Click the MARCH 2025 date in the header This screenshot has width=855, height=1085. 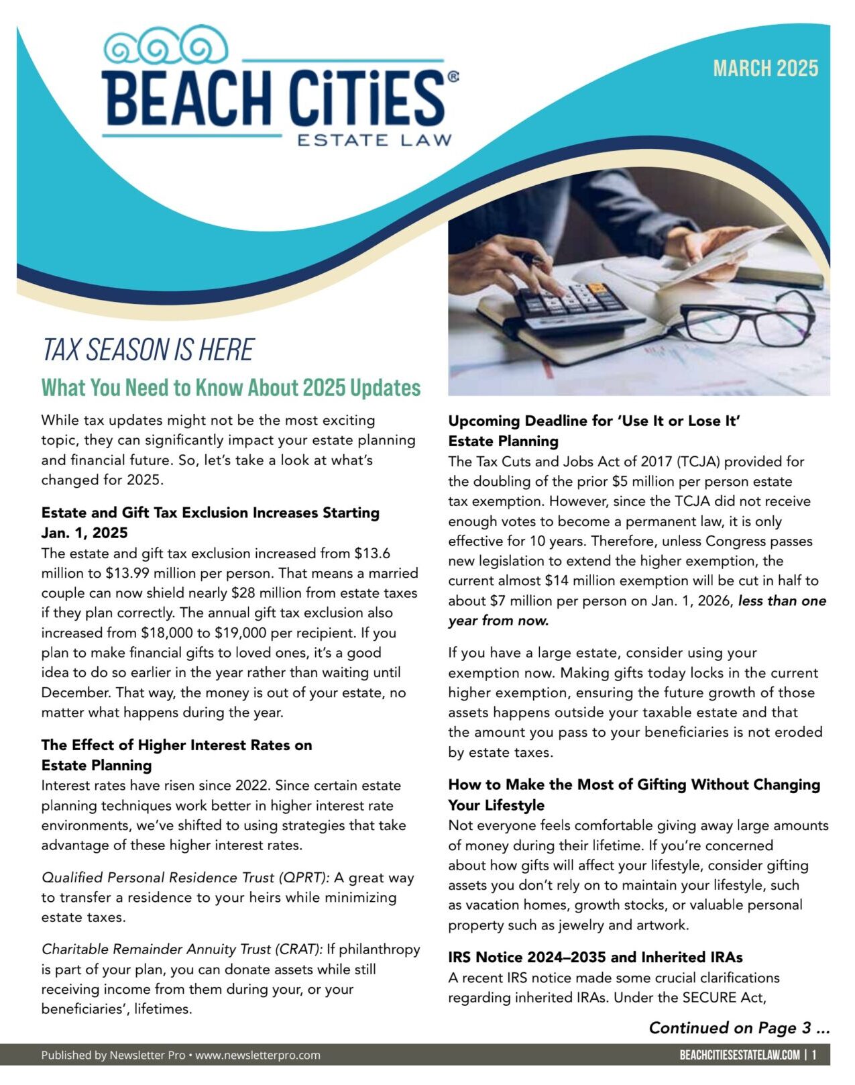point(765,68)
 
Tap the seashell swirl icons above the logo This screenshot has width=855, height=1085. point(166,46)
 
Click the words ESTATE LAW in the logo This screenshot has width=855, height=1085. point(374,140)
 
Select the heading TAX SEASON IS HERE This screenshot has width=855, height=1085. point(148,350)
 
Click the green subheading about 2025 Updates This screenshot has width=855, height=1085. point(231,388)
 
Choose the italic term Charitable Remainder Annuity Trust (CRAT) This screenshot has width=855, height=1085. point(182,949)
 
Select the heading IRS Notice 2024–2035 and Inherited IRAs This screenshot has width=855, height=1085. point(595,958)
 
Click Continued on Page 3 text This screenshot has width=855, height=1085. point(739,1028)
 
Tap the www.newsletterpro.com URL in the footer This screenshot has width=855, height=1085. point(258,1055)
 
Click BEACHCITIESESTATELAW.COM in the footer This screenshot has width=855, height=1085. point(739,1055)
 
